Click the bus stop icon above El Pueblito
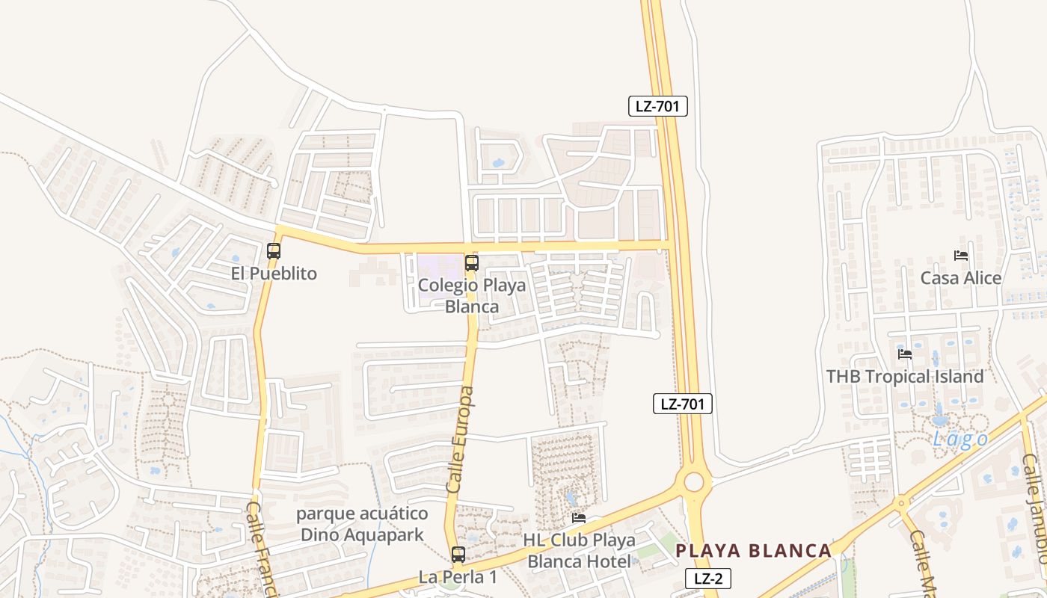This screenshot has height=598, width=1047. (274, 251)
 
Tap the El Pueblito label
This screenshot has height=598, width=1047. (274, 274)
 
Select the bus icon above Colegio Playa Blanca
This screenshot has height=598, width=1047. (471, 263)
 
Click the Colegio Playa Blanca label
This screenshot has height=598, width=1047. (471, 296)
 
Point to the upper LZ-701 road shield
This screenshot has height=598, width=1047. (657, 106)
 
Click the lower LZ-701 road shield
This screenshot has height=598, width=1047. (683, 404)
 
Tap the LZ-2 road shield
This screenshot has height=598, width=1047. (707, 578)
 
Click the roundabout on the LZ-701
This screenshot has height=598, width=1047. (693, 481)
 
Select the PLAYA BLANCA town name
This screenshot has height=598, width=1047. (754, 551)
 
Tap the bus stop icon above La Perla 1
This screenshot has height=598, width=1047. (458, 555)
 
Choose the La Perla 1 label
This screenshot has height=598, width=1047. (458, 577)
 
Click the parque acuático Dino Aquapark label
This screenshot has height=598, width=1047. (362, 524)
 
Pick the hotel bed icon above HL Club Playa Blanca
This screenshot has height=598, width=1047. (579, 518)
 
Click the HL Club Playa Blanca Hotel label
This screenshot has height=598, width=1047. (580, 550)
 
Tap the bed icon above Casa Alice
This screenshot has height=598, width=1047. (961, 256)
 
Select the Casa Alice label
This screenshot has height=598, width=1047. (961, 278)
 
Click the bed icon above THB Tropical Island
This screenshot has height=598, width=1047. (905, 354)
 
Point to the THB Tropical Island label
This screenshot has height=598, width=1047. (905, 377)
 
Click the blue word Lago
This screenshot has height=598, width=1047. (960, 440)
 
